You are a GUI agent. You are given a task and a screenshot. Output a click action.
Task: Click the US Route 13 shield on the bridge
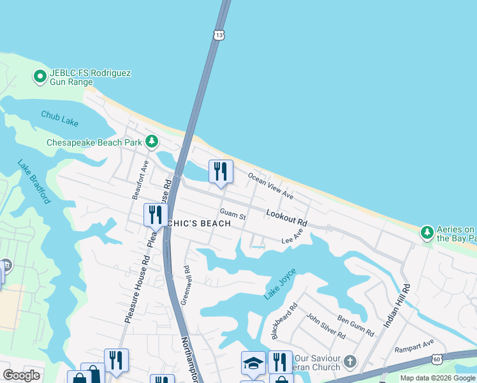pos(219,35)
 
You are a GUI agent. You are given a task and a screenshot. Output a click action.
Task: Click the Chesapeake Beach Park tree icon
pos(151,141)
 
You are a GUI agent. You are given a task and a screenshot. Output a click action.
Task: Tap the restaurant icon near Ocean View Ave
pos(221,171)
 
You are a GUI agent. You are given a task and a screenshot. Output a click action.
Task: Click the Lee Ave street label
pos(291,239)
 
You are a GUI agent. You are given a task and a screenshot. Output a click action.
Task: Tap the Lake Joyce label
pos(281,285)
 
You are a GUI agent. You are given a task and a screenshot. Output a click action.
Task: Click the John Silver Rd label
pos(325,326)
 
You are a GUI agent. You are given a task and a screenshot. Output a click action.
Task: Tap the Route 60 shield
pos(436,361)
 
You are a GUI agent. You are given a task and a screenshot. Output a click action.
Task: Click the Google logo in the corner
pos(22,375)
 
